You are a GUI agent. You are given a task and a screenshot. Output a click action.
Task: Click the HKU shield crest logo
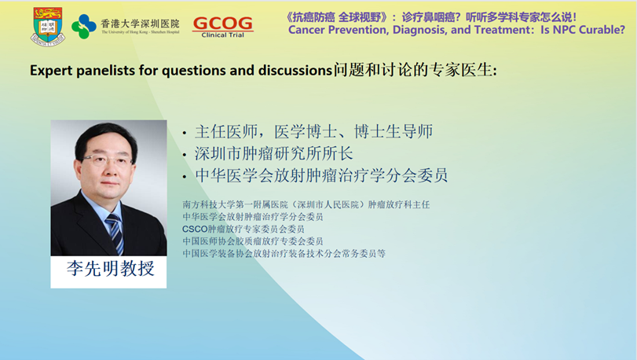click(48, 26)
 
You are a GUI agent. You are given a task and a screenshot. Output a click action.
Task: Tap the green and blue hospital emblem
click(84, 27)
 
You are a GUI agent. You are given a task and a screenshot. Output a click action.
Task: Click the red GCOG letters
click(222, 24)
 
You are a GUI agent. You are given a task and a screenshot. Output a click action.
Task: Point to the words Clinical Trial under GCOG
click(222, 35)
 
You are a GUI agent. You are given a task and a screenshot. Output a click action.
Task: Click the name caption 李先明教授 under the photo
click(111, 269)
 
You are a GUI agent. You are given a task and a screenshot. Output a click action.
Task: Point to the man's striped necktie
click(115, 233)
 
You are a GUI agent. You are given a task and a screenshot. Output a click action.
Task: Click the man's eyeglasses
click(108, 160)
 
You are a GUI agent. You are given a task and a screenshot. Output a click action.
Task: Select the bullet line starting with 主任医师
click(313, 131)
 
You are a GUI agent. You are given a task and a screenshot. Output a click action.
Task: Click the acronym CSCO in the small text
click(195, 230)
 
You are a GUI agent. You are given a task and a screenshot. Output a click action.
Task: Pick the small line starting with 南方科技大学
click(306, 204)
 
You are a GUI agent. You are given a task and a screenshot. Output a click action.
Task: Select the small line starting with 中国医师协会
click(253, 241)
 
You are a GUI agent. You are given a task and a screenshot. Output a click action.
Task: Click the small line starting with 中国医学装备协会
click(284, 254)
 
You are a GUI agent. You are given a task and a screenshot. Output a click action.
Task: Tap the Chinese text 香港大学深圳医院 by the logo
click(140, 24)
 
